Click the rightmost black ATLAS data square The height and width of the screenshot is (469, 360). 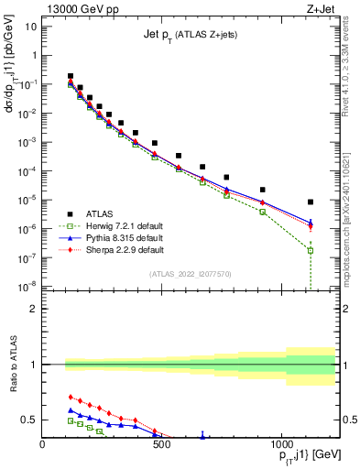(x=311, y=202)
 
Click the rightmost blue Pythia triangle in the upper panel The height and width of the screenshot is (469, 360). (x=311, y=222)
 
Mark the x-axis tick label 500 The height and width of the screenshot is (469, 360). (x=161, y=446)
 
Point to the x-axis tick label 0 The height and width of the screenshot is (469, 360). (x=43, y=446)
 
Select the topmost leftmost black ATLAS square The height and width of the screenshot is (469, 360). (x=71, y=76)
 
